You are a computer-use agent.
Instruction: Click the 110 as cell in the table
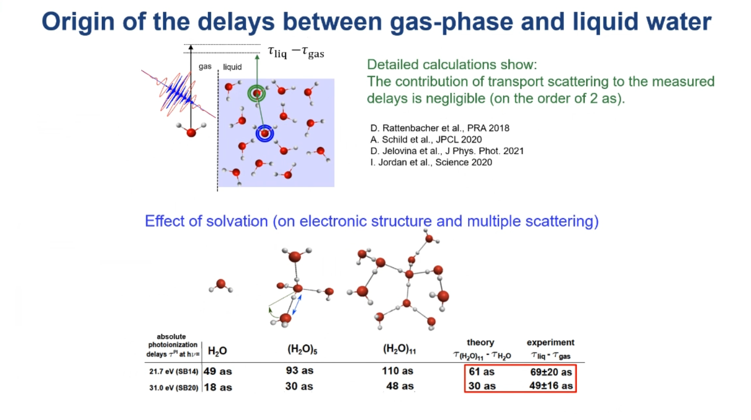pos(397,371)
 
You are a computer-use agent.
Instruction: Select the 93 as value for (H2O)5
pos(300,370)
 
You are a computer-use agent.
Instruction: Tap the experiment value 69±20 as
pos(551,372)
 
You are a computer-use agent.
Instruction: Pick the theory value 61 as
pos(481,371)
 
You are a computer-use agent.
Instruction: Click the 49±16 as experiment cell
pos(551,386)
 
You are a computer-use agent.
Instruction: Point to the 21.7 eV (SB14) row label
pos(174,371)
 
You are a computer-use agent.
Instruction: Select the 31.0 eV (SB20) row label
pos(174,387)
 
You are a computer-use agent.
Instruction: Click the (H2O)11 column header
pos(399,349)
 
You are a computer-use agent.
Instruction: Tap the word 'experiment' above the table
pos(551,342)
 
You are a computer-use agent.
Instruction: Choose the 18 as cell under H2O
pos(218,387)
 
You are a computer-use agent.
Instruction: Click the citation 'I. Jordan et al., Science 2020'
pos(431,163)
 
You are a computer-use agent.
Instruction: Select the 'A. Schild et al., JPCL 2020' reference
pos(426,139)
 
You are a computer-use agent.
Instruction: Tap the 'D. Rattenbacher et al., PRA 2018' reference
pos(440,128)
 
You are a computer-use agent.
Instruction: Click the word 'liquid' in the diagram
pos(232,67)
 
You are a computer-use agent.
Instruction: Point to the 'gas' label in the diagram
pos(205,67)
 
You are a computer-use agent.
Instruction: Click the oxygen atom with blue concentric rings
pos(265,134)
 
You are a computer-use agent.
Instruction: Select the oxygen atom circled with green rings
pos(257,93)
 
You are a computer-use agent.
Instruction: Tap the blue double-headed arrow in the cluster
pos(297,305)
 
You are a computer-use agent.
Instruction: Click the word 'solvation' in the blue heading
pos(237,221)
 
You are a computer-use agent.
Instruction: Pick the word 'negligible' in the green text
pos(453,99)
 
